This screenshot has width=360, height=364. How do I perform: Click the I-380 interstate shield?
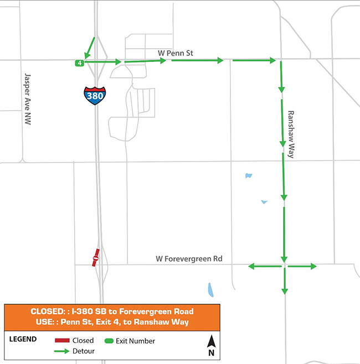tap(95, 96)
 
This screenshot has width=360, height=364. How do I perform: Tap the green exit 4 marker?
tap(80, 63)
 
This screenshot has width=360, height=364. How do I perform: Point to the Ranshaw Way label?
tap(291, 134)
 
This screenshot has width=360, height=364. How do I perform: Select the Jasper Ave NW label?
tap(28, 99)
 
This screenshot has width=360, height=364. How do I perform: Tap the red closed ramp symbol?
tap(95, 258)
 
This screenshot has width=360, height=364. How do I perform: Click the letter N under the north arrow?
tap(211, 352)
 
